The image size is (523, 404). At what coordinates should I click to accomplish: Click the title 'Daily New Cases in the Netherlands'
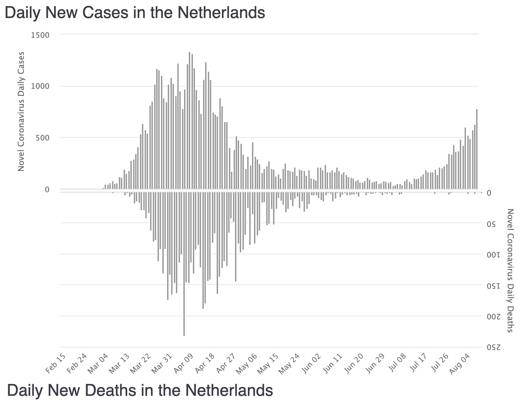click(x=135, y=13)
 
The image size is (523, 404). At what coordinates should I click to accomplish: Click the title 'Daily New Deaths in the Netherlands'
click(x=140, y=390)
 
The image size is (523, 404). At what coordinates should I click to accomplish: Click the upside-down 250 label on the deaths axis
click(x=492, y=348)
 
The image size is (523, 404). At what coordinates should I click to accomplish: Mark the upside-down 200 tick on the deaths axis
click(x=492, y=317)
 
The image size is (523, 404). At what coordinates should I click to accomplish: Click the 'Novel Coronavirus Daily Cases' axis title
click(x=21, y=112)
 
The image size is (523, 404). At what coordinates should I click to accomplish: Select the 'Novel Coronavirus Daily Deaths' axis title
click(x=510, y=270)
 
